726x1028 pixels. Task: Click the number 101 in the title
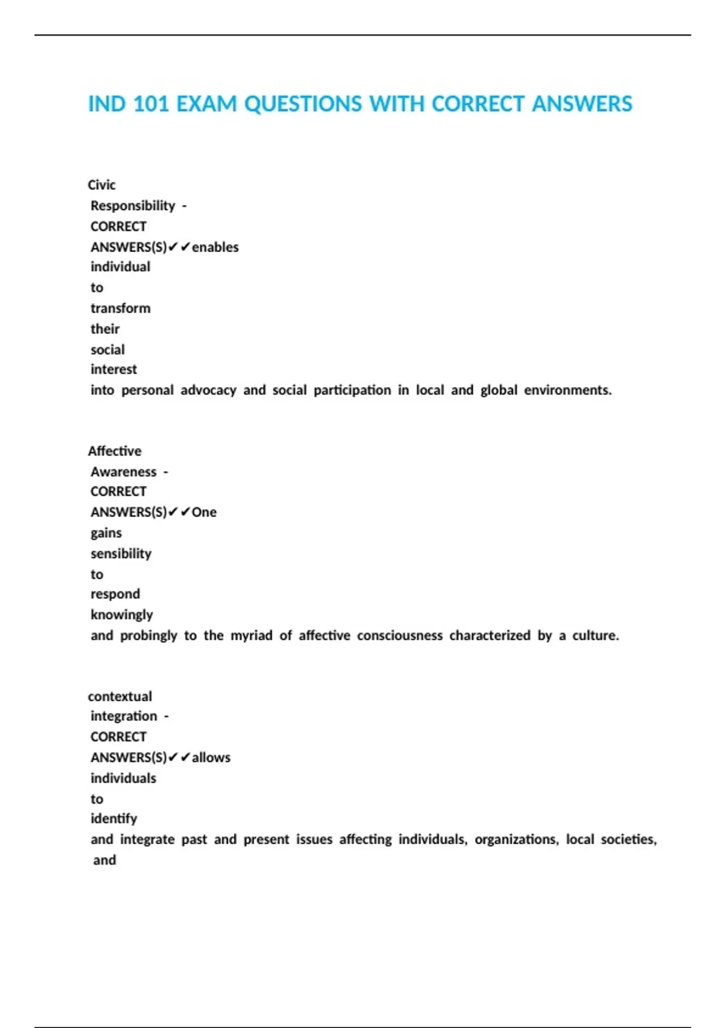[x=151, y=104]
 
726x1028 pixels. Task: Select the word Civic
[x=102, y=185]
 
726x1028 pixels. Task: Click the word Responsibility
[x=132, y=206]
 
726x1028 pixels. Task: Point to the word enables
[x=215, y=247]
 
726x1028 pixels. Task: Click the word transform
[x=120, y=308]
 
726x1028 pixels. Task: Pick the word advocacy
[x=208, y=390]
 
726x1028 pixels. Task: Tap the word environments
[x=567, y=390]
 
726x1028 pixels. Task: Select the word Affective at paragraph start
[x=114, y=451]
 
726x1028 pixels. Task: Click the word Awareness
[x=123, y=472]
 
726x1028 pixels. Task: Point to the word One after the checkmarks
[x=204, y=512]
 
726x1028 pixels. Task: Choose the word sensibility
[x=121, y=553]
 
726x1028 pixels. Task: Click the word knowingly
[x=122, y=615]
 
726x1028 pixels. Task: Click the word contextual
[x=120, y=697]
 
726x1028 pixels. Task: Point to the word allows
[x=211, y=758]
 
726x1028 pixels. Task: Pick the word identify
[x=114, y=819]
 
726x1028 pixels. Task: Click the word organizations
[x=516, y=839]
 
